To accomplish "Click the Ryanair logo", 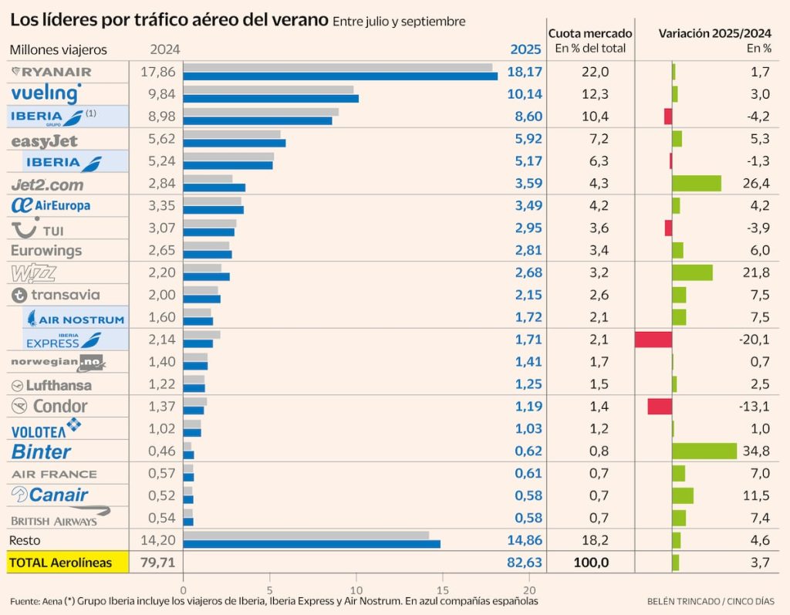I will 52,72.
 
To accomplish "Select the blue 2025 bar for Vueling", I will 271,99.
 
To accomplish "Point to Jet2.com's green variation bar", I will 696,184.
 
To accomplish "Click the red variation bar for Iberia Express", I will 653,340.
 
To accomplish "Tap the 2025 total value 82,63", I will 525,563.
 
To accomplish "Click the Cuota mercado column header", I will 590,34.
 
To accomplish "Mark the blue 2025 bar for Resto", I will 312,544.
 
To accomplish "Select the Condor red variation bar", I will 660,407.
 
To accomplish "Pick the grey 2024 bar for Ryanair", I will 338,67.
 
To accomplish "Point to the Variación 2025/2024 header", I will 714,34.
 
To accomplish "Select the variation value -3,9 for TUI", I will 756,228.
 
